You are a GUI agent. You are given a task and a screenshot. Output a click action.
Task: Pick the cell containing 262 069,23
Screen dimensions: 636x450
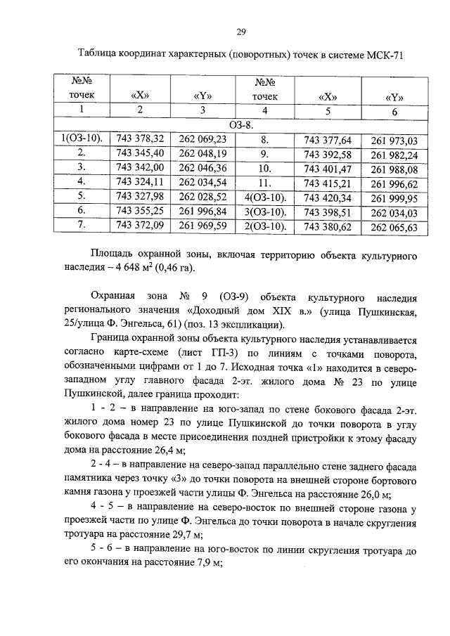202,139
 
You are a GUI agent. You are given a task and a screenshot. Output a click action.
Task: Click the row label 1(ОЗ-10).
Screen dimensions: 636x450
82,139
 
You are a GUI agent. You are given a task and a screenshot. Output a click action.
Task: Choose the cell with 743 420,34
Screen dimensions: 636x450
328,198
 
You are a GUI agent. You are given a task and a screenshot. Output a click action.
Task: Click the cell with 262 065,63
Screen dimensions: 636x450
394,227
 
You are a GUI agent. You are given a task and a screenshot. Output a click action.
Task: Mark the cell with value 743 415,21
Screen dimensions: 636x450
328,183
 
